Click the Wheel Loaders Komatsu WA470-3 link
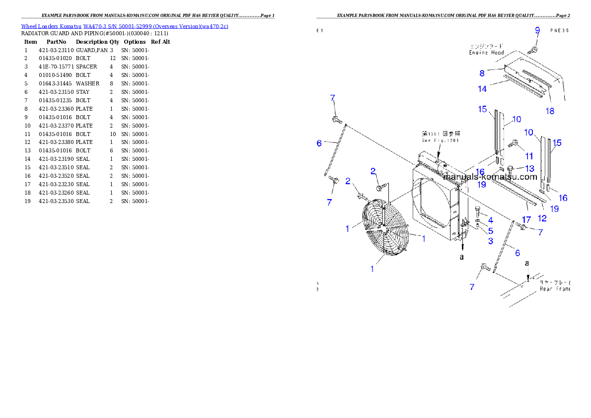(125, 26)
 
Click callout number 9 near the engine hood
(537, 30)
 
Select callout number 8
(482, 73)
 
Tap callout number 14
(482, 89)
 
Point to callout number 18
(550, 111)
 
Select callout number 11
(529, 156)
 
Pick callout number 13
(530, 169)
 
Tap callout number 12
(542, 217)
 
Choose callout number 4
(490, 220)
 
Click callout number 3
(490, 241)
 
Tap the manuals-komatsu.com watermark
(490, 177)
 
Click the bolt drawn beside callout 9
(531, 49)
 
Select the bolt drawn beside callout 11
(515, 144)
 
